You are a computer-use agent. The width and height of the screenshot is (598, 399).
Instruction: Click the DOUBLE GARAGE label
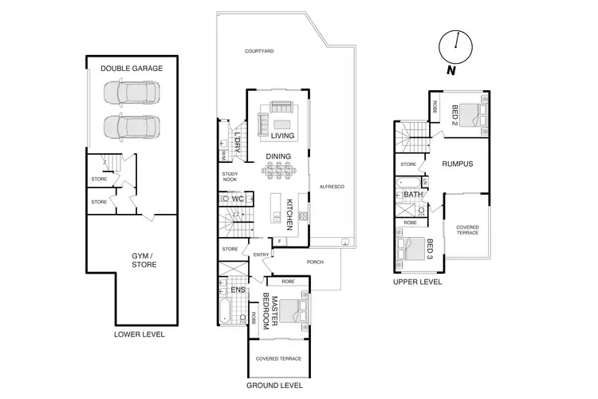point(132,69)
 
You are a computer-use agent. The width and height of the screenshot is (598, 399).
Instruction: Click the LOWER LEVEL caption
point(140,334)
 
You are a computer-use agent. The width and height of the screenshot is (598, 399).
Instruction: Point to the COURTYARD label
point(259,50)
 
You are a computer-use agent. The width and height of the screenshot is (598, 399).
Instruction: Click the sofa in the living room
point(282,107)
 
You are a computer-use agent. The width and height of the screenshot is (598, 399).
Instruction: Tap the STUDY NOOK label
point(230,177)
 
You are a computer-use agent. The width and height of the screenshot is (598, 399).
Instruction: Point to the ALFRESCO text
point(331,186)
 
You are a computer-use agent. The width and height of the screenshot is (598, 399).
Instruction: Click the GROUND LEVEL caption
point(274,385)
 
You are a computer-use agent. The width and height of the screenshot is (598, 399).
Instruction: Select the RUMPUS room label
point(458,164)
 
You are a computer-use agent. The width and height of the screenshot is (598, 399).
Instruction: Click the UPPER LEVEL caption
point(418,282)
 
